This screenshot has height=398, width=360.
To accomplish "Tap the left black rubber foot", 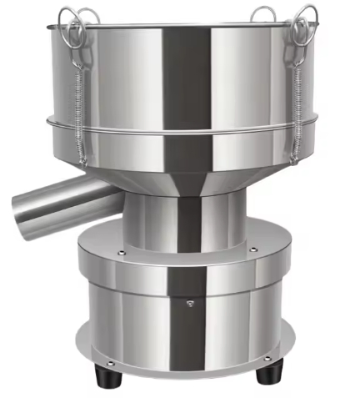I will tap(108, 377).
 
